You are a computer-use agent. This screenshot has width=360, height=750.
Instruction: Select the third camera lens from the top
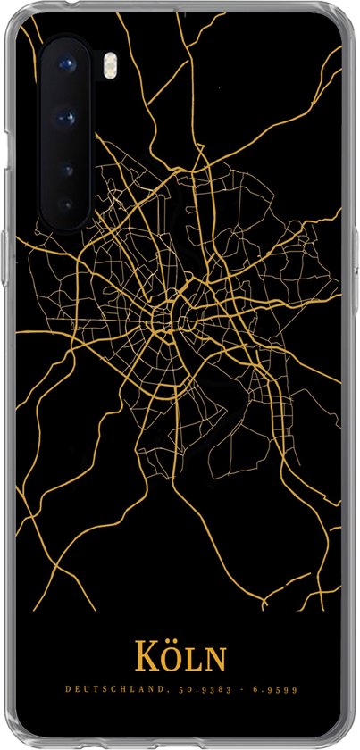[67, 166]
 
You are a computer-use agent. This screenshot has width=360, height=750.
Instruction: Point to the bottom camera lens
[65, 204]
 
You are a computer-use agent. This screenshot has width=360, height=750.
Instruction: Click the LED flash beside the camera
[88, 64]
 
